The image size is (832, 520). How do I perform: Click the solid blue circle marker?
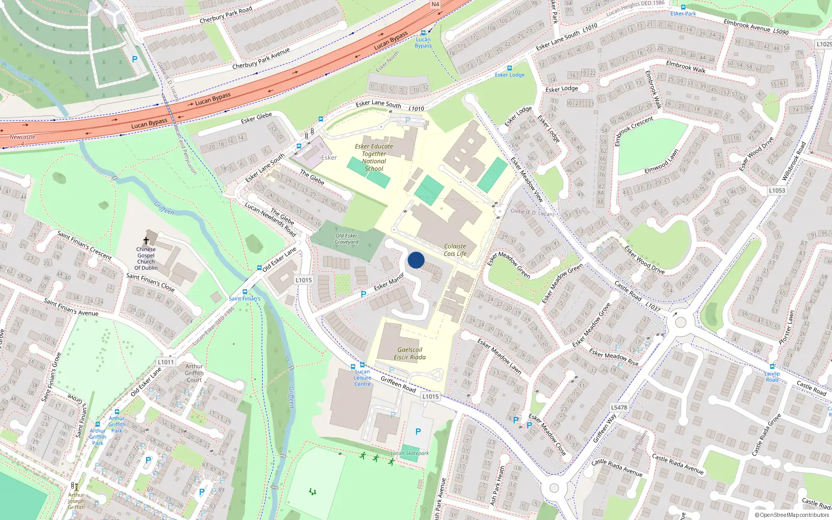click(416, 260)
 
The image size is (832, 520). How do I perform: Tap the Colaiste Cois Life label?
click(455, 250)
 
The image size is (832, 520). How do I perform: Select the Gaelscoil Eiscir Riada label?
click(410, 354)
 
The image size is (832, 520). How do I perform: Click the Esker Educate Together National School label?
click(374, 158)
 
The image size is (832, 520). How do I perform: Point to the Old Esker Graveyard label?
click(346, 239)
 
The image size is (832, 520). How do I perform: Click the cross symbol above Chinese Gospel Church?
click(146, 241)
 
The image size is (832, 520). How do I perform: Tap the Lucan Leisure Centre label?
click(362, 378)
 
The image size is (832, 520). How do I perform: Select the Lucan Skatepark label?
click(410, 453)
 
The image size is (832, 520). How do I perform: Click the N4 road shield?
click(435, 4)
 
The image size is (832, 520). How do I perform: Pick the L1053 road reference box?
click(777, 190)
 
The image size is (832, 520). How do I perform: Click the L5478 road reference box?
click(619, 408)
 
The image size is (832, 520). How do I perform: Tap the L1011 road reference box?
click(166, 362)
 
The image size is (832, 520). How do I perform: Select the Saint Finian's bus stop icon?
click(245, 292)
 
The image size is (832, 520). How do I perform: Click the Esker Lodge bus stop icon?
click(509, 68)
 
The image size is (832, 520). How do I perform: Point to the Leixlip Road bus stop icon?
click(772, 367)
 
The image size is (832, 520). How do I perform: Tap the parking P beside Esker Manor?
click(363, 294)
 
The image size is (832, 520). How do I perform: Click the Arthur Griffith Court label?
click(194, 373)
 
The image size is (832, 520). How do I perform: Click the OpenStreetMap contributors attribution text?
click(792, 515)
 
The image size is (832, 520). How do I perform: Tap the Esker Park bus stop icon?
click(683, 7)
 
